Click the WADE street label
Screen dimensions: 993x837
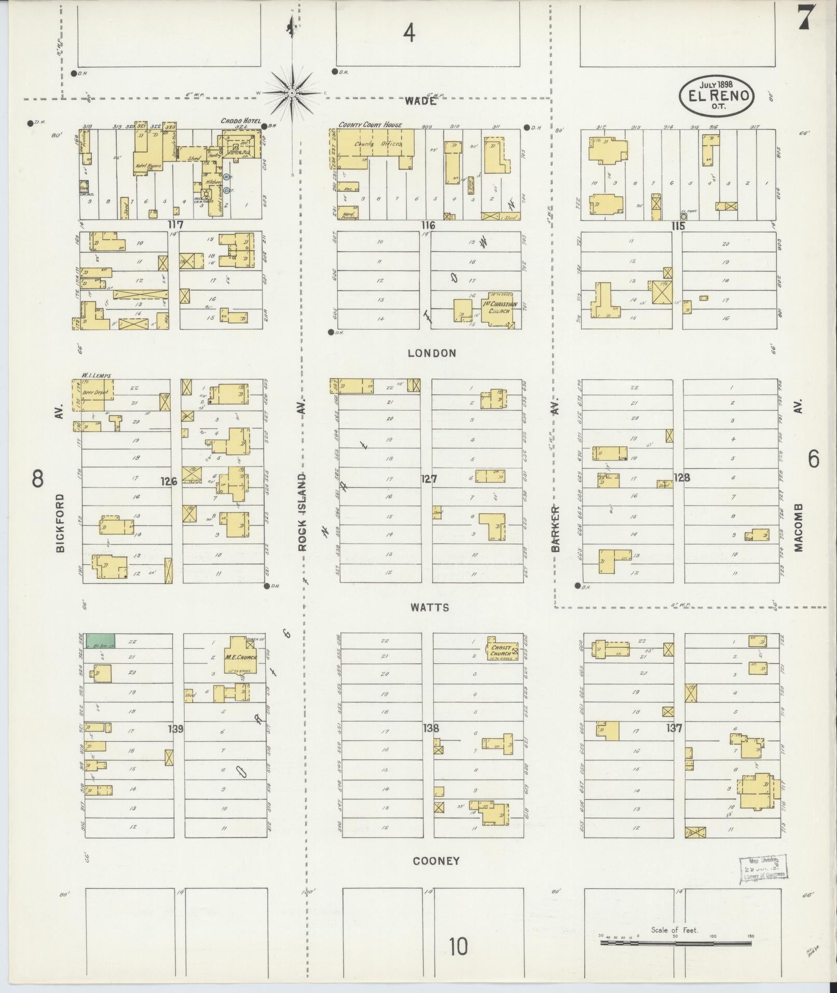[420, 101]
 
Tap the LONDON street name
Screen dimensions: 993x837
[432, 353]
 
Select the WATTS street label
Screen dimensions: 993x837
[430, 607]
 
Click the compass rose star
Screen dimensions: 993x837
[292, 92]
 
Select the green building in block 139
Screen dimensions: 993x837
[101, 641]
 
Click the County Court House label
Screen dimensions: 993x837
[370, 125]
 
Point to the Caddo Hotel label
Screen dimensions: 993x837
[240, 121]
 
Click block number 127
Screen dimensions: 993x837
[429, 479]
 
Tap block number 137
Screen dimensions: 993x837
[674, 728]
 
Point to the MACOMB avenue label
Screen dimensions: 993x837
[798, 527]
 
